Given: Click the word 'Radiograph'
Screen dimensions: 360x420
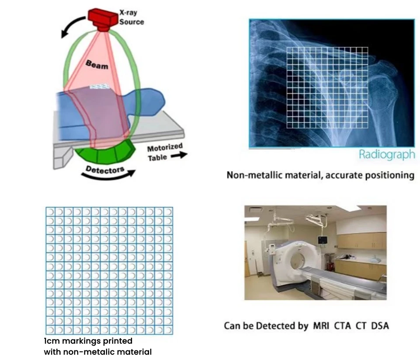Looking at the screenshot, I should pyautogui.click(x=386, y=154).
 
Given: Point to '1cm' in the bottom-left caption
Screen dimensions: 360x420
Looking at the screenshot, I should pyautogui.click(x=52, y=340).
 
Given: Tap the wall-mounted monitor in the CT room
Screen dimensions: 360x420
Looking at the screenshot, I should pyautogui.click(x=323, y=240).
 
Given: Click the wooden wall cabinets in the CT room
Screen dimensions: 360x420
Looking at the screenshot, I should pyautogui.click(x=361, y=241).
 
